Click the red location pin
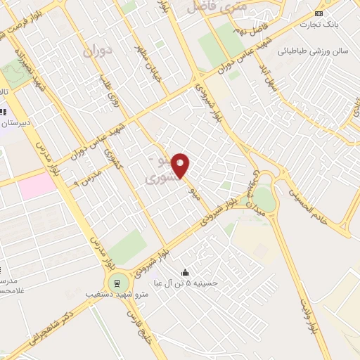pos(181,165)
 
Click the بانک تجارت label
pos(319,25)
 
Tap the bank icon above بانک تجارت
pos(319,13)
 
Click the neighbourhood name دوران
pos(97,51)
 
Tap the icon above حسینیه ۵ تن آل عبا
pos(185,273)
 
